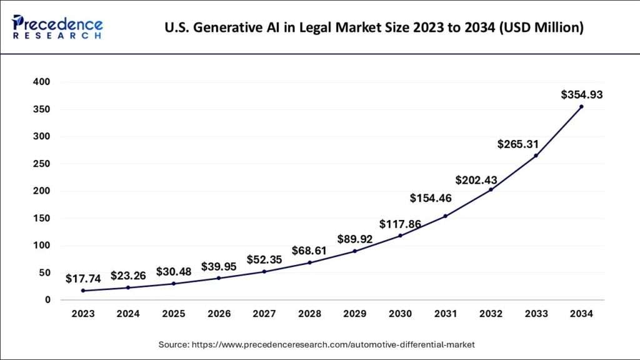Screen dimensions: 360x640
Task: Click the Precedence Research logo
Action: (57, 27)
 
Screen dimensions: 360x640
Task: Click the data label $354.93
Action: (581, 95)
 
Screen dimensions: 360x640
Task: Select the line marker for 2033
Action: (536, 156)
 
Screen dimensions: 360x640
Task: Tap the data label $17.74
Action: (83, 278)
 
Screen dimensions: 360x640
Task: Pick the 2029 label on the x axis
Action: (354, 314)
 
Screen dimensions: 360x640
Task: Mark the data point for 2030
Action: (399, 236)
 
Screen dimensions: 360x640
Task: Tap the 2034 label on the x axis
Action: (581, 314)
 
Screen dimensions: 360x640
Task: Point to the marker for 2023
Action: (83, 291)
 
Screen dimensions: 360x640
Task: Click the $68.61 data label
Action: (309, 251)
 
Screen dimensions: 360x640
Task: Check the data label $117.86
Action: (400, 224)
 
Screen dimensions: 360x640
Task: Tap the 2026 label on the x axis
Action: (219, 314)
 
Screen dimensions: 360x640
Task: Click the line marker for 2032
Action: (491, 189)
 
